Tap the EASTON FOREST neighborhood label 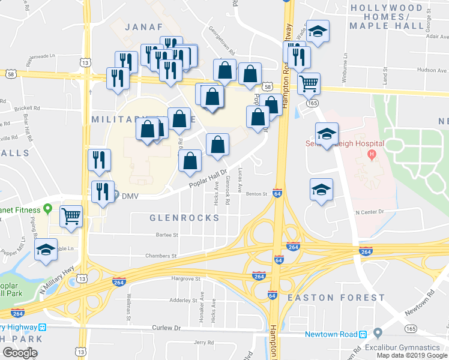(x=336, y=298)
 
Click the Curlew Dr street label (x=166, y=328)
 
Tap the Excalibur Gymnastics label (x=414, y=348)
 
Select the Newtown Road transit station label (x=331, y=334)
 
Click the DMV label (x=130, y=196)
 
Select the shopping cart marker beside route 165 (x=309, y=83)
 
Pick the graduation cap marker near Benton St (x=321, y=189)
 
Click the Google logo (x=20, y=352)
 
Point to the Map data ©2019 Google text (x=412, y=355)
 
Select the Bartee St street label (x=167, y=235)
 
